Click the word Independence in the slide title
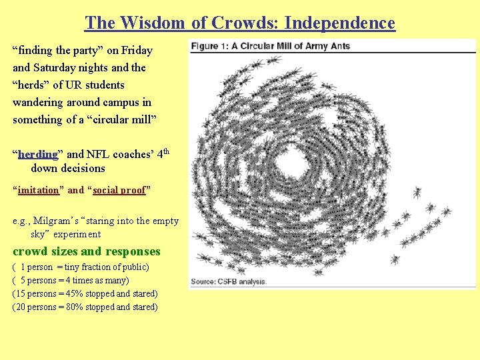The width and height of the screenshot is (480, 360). (339, 23)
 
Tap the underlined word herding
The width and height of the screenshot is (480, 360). (38, 154)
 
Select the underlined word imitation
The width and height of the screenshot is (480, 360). (39, 190)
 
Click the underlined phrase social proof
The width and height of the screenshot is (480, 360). (119, 190)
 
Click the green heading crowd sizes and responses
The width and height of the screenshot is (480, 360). (87, 251)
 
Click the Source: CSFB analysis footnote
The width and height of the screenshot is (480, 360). (229, 281)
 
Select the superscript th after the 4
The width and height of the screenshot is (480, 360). (168, 151)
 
